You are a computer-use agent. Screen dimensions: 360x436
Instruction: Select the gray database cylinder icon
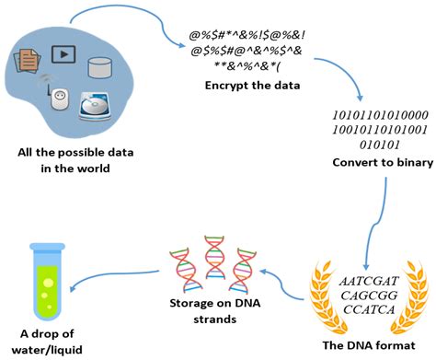pyautogui.click(x=101, y=66)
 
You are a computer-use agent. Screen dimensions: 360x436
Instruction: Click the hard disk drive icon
pyautogui.click(x=100, y=103)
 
